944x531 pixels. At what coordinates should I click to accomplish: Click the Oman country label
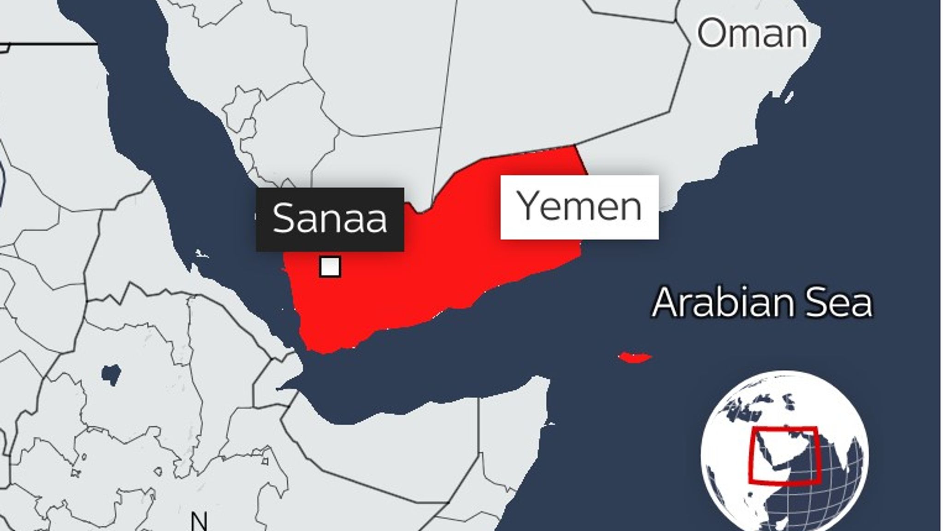coord(752,33)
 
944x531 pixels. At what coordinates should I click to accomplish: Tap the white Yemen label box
coord(579,207)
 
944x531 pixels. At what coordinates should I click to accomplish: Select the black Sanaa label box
coord(330,219)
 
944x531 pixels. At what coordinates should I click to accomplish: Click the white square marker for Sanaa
coord(330,267)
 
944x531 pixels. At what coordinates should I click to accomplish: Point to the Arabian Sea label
coord(762,303)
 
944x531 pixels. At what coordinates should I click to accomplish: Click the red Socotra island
coord(635,357)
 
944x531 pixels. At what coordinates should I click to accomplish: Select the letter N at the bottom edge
coord(199,522)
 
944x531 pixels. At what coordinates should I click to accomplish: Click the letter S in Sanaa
coord(283,218)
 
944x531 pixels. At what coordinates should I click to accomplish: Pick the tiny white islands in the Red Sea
coord(201,254)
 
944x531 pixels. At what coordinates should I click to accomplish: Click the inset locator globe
coord(784,454)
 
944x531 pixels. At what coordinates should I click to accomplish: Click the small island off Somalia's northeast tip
coord(549,424)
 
